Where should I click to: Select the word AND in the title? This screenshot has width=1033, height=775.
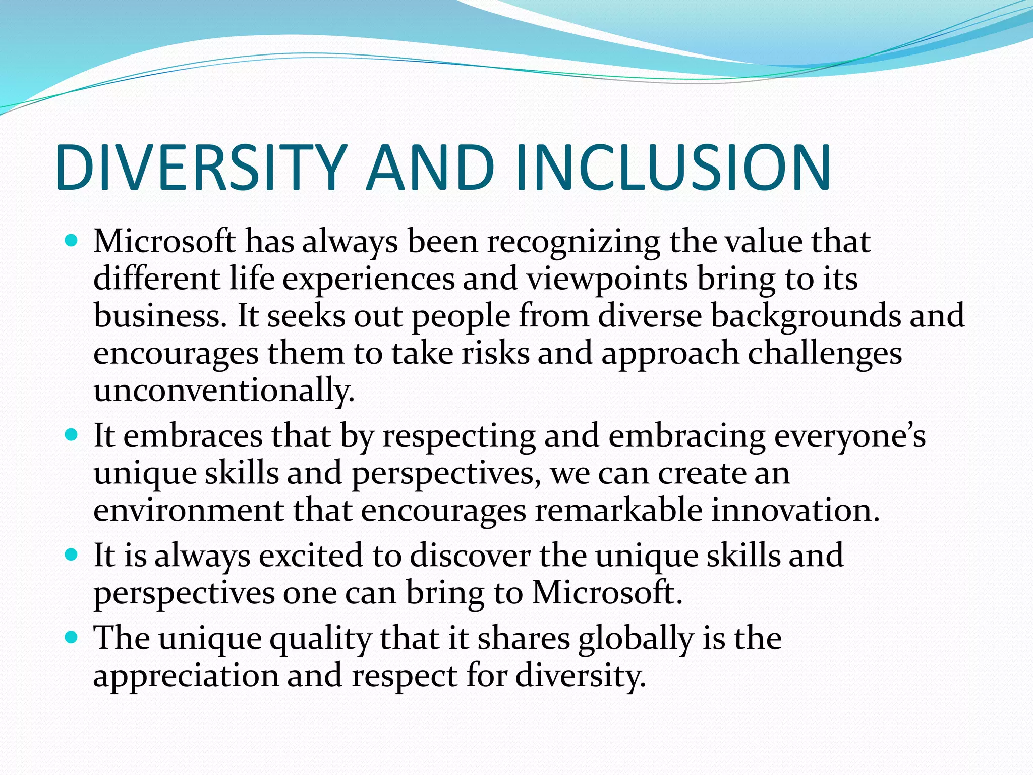(430, 168)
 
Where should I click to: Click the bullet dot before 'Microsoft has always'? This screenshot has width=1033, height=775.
(72, 240)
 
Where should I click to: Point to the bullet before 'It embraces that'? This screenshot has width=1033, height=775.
(72, 434)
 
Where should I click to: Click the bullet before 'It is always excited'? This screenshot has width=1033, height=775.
(72, 555)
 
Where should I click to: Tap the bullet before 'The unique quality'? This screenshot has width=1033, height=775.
(72, 637)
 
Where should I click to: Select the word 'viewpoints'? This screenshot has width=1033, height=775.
(607, 279)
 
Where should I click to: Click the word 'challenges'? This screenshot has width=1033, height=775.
(825, 353)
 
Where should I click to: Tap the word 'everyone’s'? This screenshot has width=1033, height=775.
(850, 435)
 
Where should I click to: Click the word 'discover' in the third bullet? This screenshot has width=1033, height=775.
(470, 556)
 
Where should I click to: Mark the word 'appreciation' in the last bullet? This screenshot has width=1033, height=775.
(186, 677)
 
